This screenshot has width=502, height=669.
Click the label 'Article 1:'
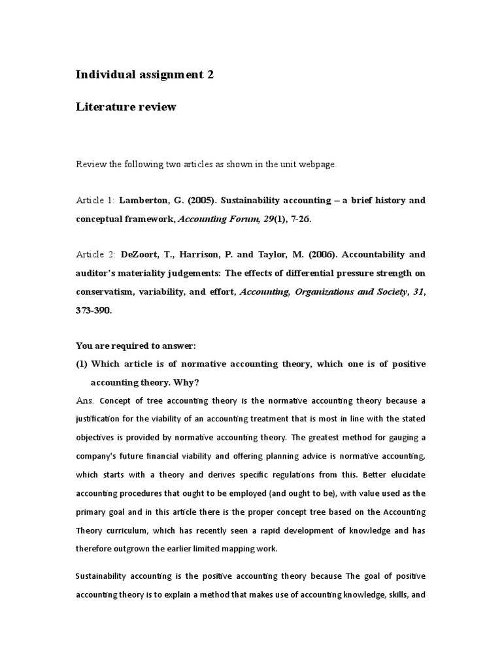point(95,200)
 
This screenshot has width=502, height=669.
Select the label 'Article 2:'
point(95,254)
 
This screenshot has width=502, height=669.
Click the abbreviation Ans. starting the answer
point(85,400)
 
